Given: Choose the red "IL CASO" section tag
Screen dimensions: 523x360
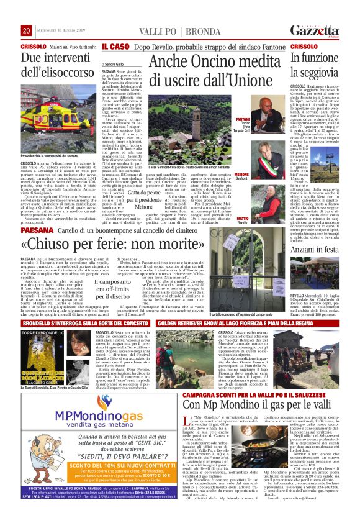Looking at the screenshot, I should tap(115, 46).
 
